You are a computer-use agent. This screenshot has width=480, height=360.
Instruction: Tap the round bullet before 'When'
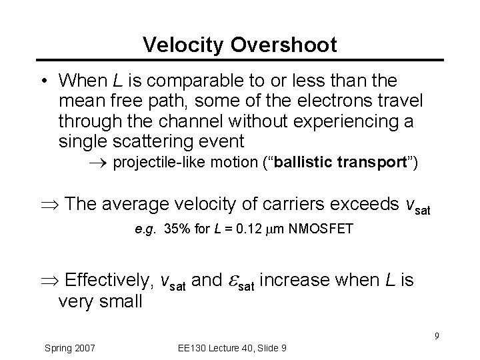click(x=42, y=82)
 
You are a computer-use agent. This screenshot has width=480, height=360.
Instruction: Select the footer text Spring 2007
click(x=70, y=348)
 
